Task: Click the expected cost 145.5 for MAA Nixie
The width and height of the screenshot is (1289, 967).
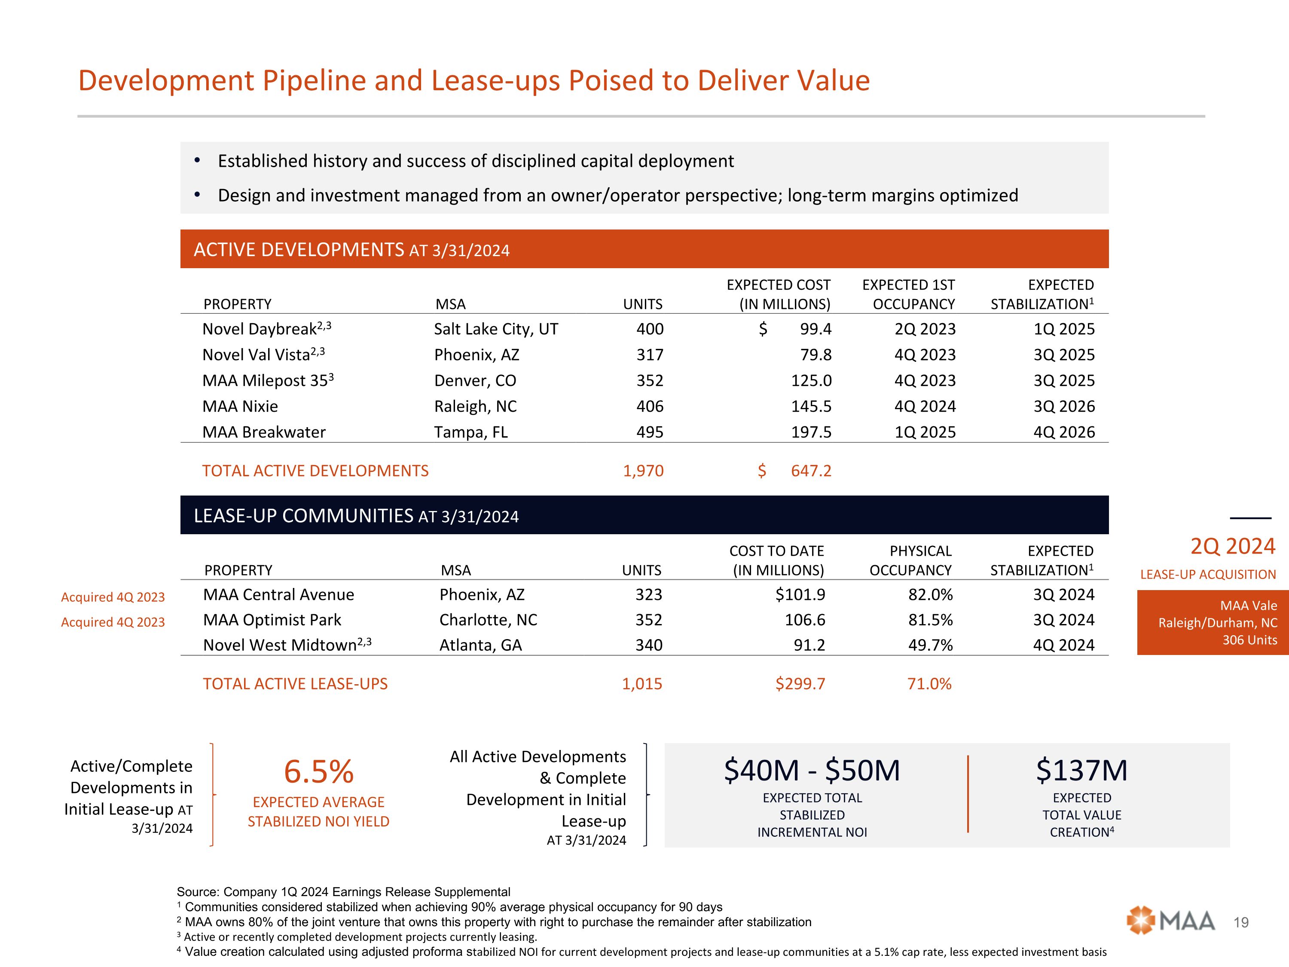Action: [811, 406]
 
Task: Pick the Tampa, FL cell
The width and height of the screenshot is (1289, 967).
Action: [471, 432]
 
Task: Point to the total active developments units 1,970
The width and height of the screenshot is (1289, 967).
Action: [643, 471]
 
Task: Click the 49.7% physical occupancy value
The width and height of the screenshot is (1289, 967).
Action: [930, 645]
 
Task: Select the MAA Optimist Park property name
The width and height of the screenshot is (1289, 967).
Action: [272, 620]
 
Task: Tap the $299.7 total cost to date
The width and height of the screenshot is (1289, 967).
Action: [800, 684]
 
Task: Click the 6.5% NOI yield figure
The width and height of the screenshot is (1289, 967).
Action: [319, 772]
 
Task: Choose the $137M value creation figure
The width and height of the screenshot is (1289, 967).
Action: [1081, 771]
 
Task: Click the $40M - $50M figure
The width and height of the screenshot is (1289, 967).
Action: [812, 771]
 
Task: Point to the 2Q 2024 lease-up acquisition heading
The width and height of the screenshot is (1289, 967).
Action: [1232, 547]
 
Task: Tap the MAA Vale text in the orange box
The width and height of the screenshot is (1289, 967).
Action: [1248, 606]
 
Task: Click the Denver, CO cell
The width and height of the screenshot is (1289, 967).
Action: [475, 381]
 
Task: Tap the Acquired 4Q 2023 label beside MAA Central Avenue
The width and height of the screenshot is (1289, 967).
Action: [113, 597]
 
